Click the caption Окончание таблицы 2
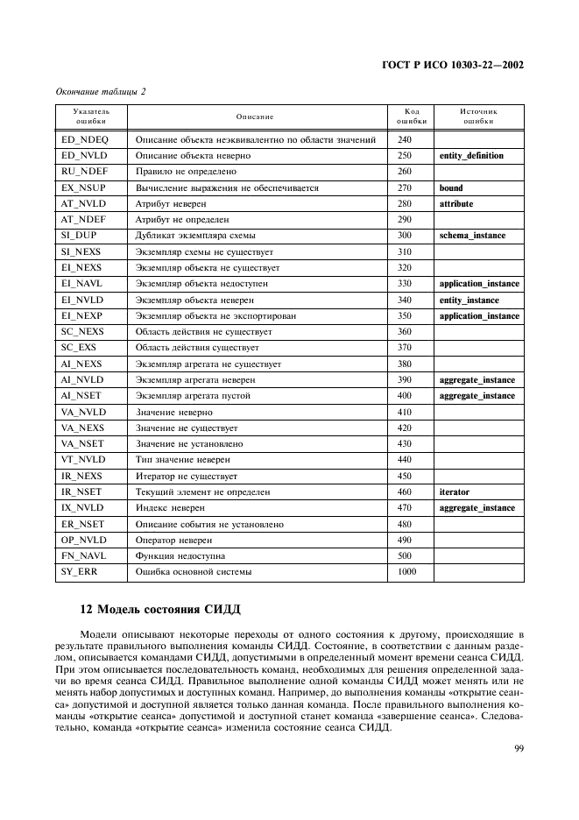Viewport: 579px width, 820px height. [x=101, y=91]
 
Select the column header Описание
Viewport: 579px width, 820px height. [x=255, y=117]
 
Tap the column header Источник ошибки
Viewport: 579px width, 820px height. [x=478, y=117]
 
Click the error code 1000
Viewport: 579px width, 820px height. [x=406, y=572]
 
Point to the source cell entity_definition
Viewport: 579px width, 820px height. [x=471, y=156]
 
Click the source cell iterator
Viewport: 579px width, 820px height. [x=455, y=492]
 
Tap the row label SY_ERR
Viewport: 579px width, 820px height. [x=80, y=572]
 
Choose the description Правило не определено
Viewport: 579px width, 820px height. [x=186, y=172]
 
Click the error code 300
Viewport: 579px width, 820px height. [x=404, y=236]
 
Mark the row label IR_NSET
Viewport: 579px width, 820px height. [x=81, y=492]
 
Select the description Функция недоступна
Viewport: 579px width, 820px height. [x=180, y=556]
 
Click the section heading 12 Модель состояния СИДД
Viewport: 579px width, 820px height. [x=159, y=610]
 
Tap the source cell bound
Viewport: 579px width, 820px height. [x=451, y=187]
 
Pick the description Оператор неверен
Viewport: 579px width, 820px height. [x=174, y=541]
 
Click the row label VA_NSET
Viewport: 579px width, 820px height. [x=82, y=444]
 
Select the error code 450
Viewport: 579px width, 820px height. [x=404, y=477]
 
